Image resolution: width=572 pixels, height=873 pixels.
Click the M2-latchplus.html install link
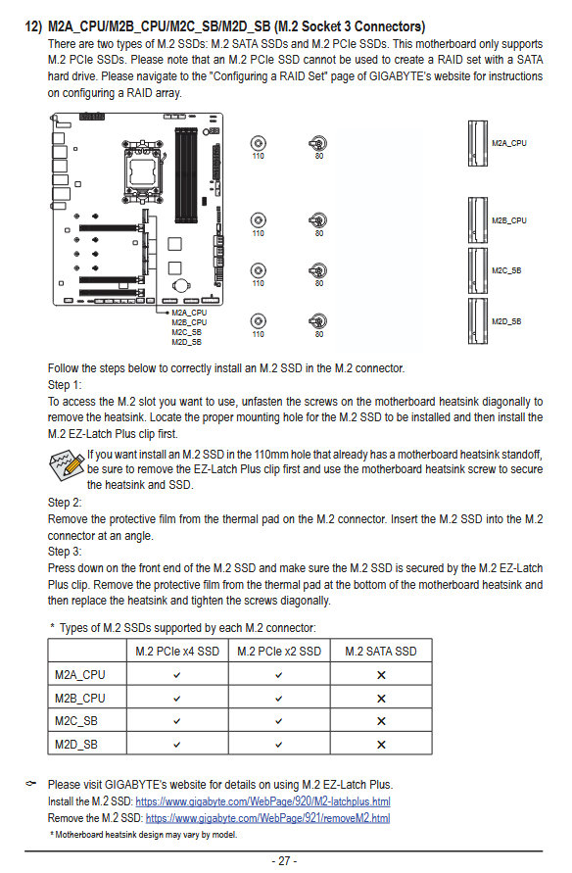point(262,801)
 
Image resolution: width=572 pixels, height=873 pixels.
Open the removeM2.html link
point(267,818)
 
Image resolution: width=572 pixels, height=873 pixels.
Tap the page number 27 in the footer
point(284,860)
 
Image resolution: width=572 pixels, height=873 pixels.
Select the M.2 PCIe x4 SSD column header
point(177,651)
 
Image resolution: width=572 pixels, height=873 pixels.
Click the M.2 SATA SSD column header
point(381,651)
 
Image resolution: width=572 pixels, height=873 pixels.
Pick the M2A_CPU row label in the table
point(79,675)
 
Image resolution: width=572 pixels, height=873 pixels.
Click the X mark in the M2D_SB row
point(381,745)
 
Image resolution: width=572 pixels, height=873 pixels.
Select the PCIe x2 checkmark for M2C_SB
point(279,721)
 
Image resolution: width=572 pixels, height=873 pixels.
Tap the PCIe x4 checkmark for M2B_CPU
point(177,699)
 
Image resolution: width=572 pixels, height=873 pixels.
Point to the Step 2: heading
point(65,503)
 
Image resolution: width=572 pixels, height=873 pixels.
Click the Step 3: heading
point(65,552)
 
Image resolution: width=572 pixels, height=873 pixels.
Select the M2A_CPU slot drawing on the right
point(477,143)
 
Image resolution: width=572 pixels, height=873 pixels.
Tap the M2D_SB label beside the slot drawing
point(506,321)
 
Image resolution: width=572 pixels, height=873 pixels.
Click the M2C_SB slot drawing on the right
point(477,270)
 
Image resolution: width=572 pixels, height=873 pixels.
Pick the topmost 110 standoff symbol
point(259,143)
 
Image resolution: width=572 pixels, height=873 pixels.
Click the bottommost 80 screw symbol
point(318,321)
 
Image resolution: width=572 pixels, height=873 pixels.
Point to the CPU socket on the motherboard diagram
point(142,167)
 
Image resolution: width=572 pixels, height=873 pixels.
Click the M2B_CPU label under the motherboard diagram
point(189,322)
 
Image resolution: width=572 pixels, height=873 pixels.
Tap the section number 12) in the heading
point(33,26)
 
